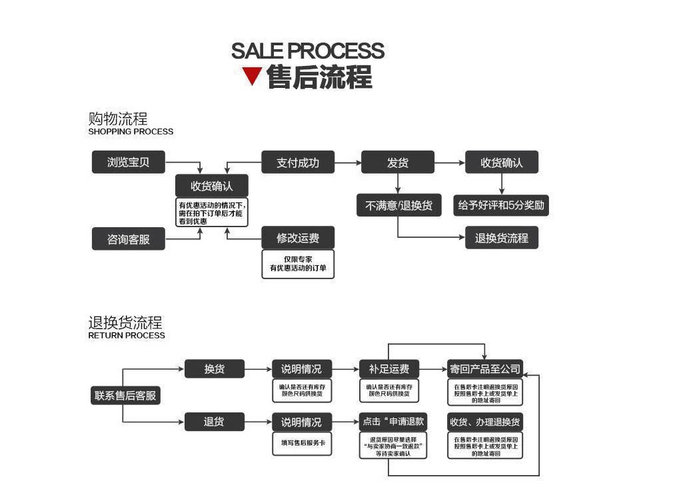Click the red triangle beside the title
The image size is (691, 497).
click(252, 76)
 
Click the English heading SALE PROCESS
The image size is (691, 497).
click(307, 51)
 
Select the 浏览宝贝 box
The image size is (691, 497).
click(128, 163)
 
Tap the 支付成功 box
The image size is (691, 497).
click(297, 163)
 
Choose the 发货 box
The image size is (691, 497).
click(397, 163)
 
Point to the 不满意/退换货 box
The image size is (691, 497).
click(398, 205)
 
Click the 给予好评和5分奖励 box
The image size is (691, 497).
click(501, 205)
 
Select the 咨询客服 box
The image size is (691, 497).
click(128, 239)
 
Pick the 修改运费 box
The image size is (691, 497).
click(298, 238)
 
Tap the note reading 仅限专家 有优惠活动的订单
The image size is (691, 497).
click(298, 263)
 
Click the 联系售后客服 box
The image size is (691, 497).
click(125, 395)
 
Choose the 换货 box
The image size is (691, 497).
click(214, 368)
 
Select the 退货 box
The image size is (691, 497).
click(214, 422)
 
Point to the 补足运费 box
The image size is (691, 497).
click(388, 368)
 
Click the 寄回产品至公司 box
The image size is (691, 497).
click(485, 368)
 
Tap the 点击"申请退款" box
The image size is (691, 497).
click(392, 422)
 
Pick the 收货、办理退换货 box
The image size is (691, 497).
click(485, 422)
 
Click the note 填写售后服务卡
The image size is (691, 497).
click(302, 444)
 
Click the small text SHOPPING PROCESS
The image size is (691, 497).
click(131, 132)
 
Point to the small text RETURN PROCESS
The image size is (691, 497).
click(127, 335)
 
